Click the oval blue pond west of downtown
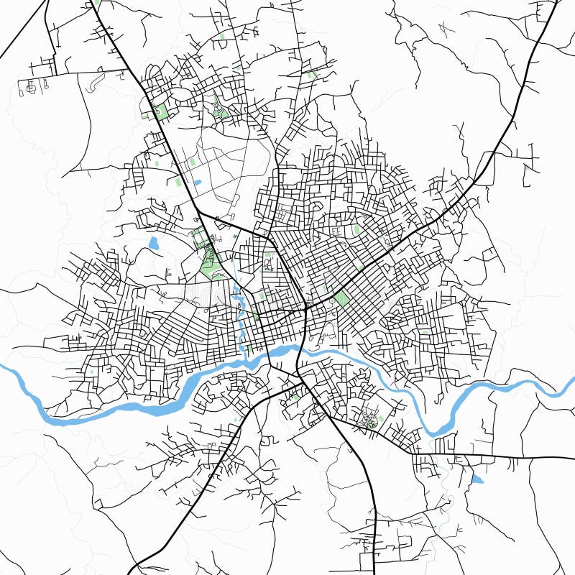click(x=153, y=243)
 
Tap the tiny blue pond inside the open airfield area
click(x=198, y=183)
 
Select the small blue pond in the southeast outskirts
click(x=477, y=478)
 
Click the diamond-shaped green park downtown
click(x=342, y=298)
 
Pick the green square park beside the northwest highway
click(x=160, y=112)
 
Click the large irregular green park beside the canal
click(x=211, y=263)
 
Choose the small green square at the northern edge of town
click(x=311, y=74)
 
